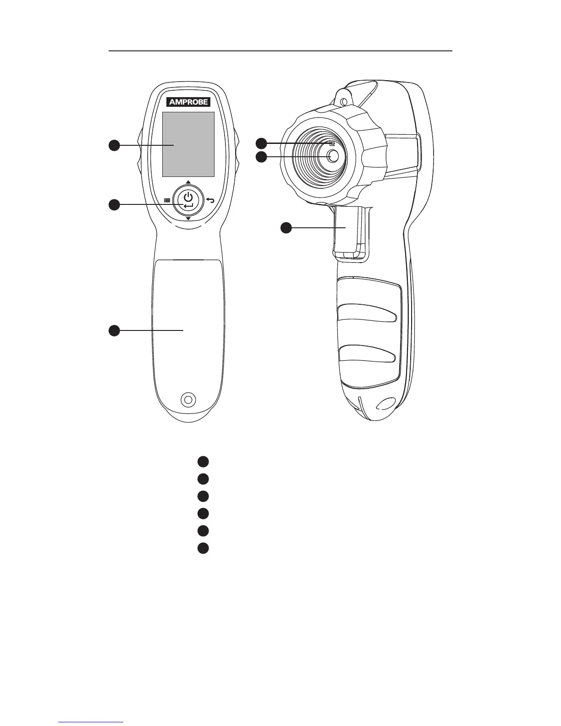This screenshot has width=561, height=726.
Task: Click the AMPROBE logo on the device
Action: [188, 102]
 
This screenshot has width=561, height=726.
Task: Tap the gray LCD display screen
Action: [188, 144]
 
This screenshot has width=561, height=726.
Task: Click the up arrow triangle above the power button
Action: [188, 182]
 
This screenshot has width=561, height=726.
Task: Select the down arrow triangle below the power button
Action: [188, 219]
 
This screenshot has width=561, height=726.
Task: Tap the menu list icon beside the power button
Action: [167, 200]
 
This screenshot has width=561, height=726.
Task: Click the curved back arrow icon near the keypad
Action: [210, 200]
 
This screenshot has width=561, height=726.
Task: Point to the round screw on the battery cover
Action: [187, 399]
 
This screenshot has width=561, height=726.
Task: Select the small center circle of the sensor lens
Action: [332, 156]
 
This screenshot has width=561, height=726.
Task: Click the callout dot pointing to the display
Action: [114, 145]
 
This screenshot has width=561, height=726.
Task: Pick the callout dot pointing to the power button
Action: [114, 204]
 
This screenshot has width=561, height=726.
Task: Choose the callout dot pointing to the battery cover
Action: [114, 330]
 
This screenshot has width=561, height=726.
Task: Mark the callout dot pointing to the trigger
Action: [286, 227]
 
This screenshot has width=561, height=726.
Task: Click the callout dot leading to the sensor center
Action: [261, 157]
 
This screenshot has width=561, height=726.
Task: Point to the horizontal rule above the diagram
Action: [280, 51]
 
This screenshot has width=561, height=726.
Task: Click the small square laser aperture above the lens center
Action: [331, 143]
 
